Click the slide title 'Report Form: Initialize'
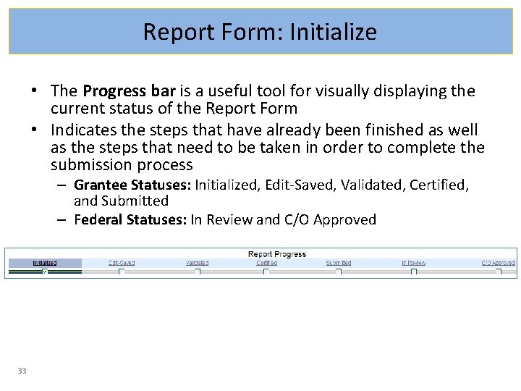[260, 32]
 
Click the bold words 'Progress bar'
[129, 91]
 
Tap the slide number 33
[22, 371]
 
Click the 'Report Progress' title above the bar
[276, 254]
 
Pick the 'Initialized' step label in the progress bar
[45, 263]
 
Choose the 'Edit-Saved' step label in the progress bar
[122, 263]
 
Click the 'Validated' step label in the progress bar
[197, 263]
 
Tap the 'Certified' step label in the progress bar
[266, 263]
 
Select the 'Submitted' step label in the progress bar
[338, 263]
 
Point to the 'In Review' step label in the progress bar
[414, 263]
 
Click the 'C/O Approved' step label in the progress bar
[499, 263]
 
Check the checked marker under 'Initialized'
[45, 272]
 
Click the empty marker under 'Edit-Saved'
[122, 272]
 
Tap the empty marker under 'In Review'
[414, 272]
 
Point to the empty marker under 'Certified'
[266, 272]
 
